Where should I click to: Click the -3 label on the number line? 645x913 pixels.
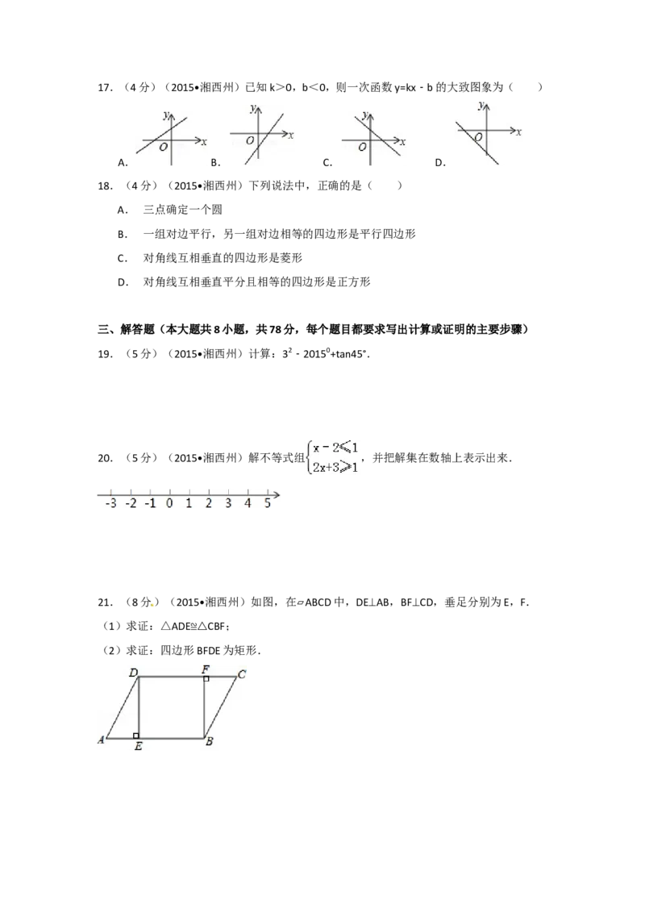(x=110, y=503)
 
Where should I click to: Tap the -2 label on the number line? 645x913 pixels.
(x=131, y=503)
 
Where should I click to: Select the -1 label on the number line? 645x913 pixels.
(x=150, y=503)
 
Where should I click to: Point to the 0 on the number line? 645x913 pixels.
(x=169, y=503)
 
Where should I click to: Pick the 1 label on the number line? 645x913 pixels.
(x=189, y=503)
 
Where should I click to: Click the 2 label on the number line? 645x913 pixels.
(x=208, y=503)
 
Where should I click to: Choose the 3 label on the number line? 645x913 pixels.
(x=228, y=503)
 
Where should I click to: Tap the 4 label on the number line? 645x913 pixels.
(x=248, y=503)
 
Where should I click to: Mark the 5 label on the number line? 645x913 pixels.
(x=267, y=503)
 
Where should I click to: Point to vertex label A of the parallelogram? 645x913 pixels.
(x=102, y=739)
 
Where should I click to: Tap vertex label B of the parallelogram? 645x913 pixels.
(x=209, y=742)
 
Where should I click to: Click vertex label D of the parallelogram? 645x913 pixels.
(x=133, y=672)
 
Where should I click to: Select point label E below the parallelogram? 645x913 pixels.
(x=139, y=747)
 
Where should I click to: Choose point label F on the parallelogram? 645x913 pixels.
(x=206, y=669)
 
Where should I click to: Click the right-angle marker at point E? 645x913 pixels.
(x=136, y=735)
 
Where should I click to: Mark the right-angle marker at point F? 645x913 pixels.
(x=206, y=679)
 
